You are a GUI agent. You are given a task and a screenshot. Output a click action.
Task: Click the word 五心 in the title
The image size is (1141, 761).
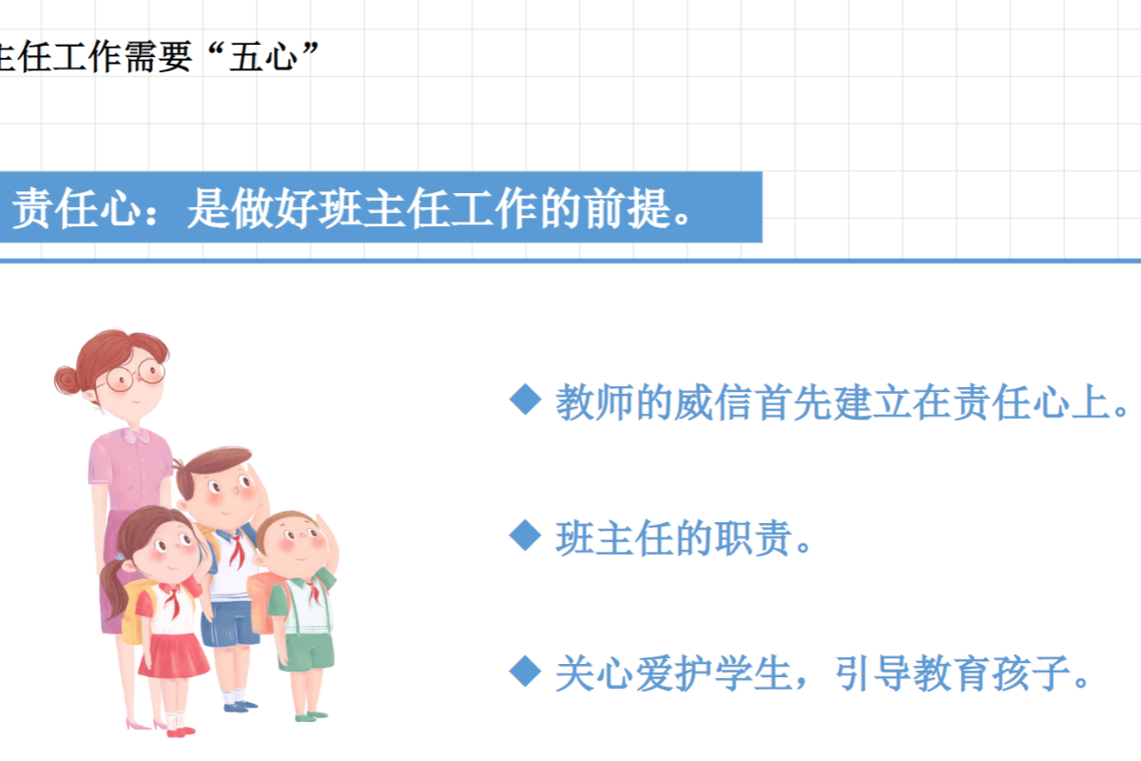pyautogui.click(x=264, y=56)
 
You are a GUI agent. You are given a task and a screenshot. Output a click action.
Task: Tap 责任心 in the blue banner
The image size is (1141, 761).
pyautogui.click(x=76, y=208)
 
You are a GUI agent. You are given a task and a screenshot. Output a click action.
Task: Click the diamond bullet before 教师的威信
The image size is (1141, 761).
pyautogui.click(x=525, y=400)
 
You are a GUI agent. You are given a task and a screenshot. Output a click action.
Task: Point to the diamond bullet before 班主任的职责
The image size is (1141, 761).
pyautogui.click(x=525, y=536)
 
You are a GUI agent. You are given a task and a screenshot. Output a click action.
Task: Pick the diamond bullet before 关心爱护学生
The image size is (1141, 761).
pyautogui.click(x=525, y=672)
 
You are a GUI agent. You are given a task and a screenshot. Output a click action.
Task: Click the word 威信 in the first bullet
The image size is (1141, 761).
pyautogui.click(x=713, y=402)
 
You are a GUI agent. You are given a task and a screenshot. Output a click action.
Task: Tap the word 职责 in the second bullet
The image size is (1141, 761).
pyautogui.click(x=753, y=538)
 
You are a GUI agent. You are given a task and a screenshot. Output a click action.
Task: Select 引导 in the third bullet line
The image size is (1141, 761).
pyautogui.click(x=873, y=673)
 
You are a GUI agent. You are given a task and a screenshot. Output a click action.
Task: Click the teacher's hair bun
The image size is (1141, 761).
pyautogui.click(x=68, y=380)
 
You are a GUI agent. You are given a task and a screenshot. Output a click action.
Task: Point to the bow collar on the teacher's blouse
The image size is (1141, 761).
pyautogui.click(x=136, y=437)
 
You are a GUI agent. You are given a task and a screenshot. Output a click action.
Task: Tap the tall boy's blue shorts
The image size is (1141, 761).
pyautogui.click(x=229, y=623)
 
